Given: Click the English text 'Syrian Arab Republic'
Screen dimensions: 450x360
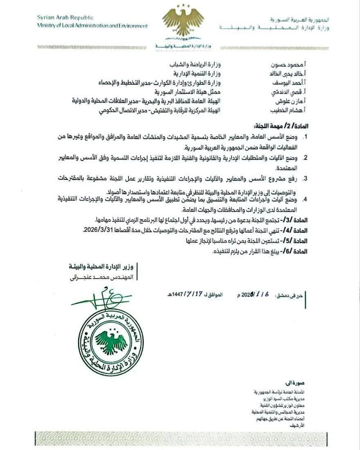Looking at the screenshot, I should (x=65, y=18).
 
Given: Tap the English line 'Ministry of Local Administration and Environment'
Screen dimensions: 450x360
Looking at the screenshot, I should (x=92, y=26).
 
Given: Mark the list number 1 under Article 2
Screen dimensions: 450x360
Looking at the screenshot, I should (x=341, y=136).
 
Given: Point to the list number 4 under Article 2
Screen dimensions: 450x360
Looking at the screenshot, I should (x=341, y=200).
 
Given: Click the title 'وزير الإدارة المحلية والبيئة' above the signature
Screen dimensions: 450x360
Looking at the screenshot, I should (x=103, y=267).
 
